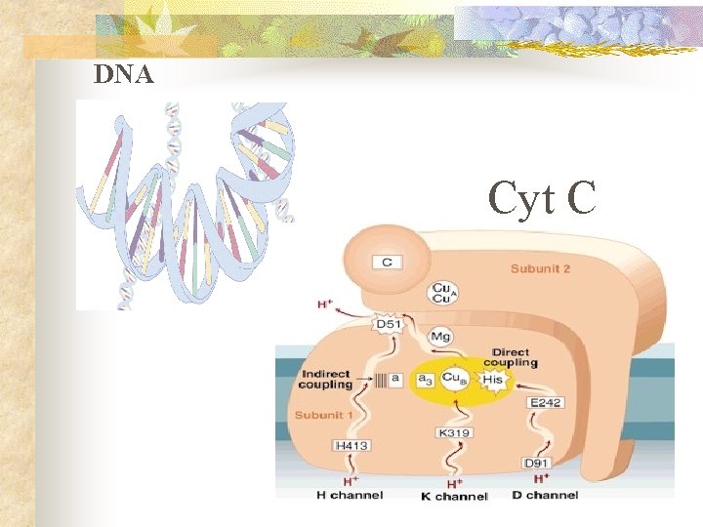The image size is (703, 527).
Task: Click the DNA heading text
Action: click(x=124, y=74)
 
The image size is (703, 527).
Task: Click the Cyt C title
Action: click(x=542, y=198)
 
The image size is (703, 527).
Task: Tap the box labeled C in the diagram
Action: click(x=387, y=262)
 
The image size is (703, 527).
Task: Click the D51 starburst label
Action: click(x=389, y=323)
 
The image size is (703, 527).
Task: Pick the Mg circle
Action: click(x=441, y=337)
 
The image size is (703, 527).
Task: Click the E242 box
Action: click(x=544, y=402)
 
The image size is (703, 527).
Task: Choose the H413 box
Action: click(x=352, y=445)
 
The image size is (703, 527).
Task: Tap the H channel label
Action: click(x=349, y=495)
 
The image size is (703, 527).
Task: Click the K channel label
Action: click(x=454, y=496)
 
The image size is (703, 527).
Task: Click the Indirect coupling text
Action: click(x=325, y=378)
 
